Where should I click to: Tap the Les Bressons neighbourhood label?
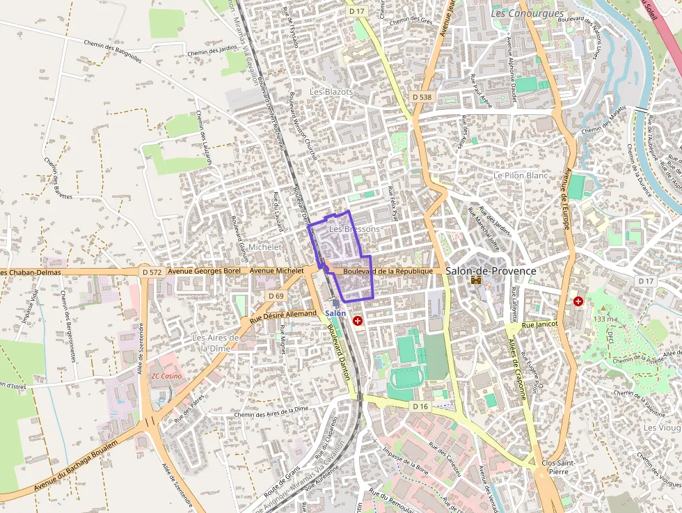pos(354,229)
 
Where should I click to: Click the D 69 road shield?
pos(276,296)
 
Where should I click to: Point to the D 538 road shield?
pos(422,97)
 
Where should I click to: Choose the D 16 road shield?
pos(419,406)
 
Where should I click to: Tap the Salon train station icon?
pos(336,303)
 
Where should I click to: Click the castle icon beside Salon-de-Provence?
pos(477,281)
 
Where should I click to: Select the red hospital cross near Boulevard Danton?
pos(358,321)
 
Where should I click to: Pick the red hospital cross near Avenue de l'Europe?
pos(578,301)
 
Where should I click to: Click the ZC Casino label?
pos(166,376)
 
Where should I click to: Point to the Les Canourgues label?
pos(517,13)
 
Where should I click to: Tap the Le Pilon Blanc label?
pos(521,176)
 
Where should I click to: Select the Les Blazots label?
pos(331,92)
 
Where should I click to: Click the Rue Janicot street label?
pos(540,324)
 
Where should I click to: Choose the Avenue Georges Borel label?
pos(207,271)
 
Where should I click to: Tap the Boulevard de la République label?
pos(388,271)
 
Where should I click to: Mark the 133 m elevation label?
pos(605,319)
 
